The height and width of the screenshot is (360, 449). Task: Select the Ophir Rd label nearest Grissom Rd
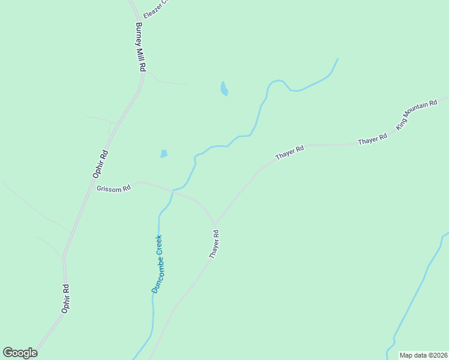point(100,163)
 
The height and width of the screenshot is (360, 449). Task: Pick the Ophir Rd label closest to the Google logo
point(66,298)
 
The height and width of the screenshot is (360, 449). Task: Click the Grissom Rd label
point(113,188)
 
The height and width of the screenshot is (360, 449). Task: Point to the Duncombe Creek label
point(157,263)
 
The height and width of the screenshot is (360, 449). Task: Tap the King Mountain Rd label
point(417,115)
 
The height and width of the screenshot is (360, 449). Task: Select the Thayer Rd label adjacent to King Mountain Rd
point(373,140)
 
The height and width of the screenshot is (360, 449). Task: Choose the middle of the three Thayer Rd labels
point(290,152)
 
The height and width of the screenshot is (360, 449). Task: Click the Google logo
point(20,353)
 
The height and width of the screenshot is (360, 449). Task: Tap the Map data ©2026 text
point(423,355)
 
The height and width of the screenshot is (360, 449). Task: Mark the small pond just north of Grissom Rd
point(164,154)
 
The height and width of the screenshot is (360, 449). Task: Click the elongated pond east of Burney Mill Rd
point(224,89)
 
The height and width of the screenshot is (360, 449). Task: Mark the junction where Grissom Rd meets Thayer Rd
point(215,223)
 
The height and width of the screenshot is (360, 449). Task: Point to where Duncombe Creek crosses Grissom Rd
point(172,191)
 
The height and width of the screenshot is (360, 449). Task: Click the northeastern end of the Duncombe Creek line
point(337,59)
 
